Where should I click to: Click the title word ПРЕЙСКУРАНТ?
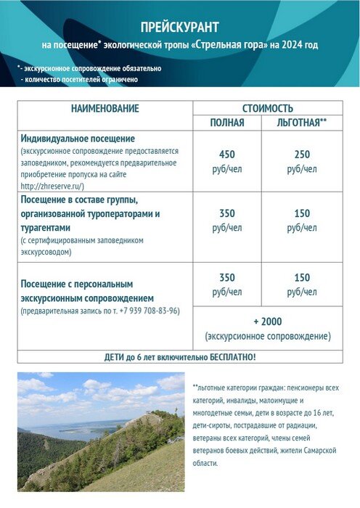[x=179, y=28]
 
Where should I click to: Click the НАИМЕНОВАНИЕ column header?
[x=105, y=108]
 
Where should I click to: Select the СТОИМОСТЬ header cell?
[x=268, y=108]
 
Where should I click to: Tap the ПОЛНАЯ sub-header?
[x=227, y=123]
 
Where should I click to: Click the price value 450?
[x=227, y=154]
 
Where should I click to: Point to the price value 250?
[x=302, y=154]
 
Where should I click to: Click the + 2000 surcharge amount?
[x=268, y=321]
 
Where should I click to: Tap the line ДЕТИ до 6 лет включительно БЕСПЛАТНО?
[x=180, y=357]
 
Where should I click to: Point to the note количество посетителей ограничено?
[x=81, y=79]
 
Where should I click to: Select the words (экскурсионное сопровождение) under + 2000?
[x=268, y=336]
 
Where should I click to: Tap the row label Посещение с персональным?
[x=77, y=284]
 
